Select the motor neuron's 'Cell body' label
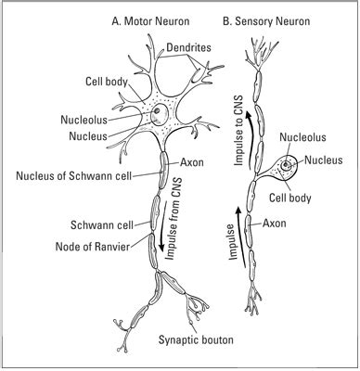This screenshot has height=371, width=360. click(x=105, y=82)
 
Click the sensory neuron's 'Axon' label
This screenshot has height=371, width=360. click(x=275, y=223)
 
